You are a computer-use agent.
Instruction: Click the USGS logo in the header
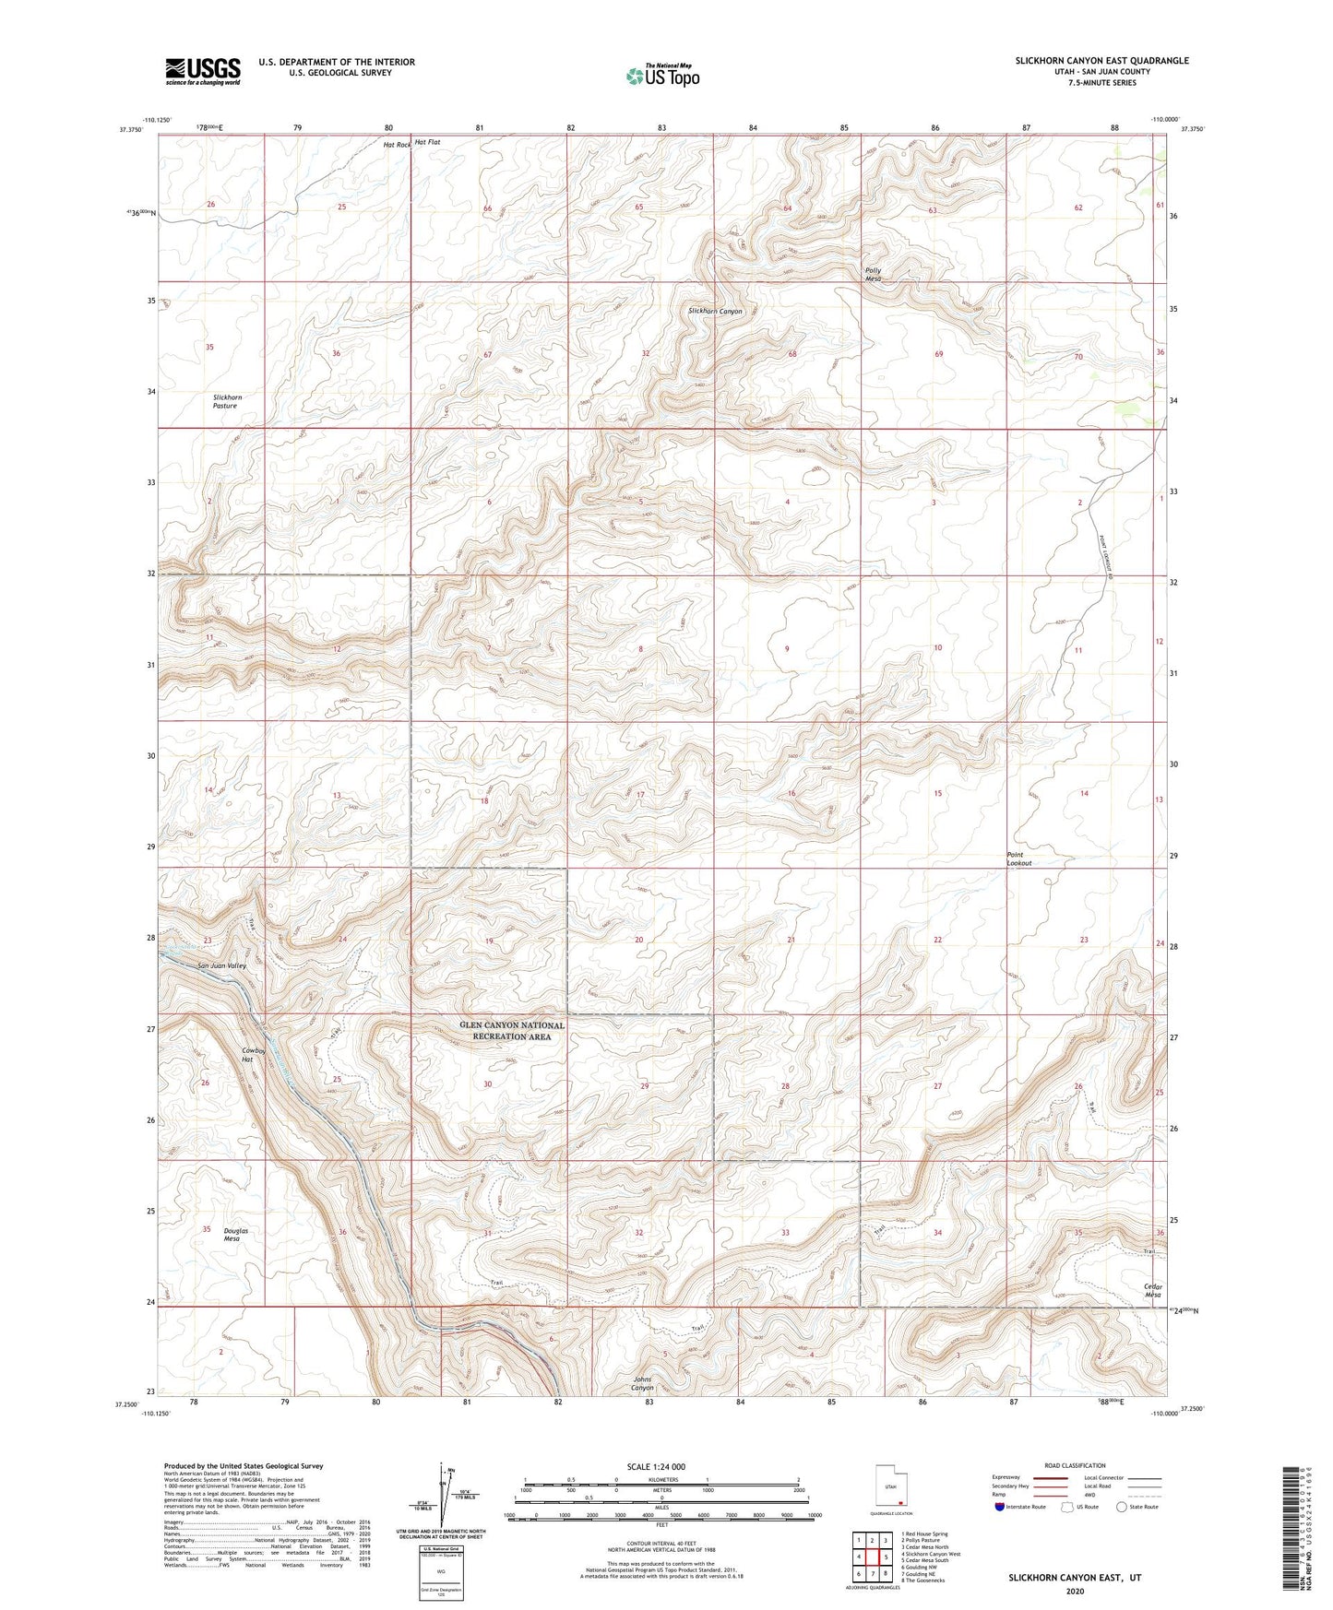tap(203, 71)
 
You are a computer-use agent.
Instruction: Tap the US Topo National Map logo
tap(662, 76)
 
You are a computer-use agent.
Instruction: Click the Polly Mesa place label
tap(873, 275)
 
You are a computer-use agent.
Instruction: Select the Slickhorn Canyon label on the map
tap(715, 312)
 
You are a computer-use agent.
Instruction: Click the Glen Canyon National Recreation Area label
tap(512, 1031)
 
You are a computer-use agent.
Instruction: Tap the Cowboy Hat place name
tap(254, 1055)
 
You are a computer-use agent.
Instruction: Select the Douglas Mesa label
tap(235, 1235)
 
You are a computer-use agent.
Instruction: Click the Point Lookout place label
tap(1018, 858)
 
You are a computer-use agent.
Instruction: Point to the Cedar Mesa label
tap(1152, 1290)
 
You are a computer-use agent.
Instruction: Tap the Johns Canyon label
tap(642, 1383)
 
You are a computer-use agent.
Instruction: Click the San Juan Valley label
tap(222, 965)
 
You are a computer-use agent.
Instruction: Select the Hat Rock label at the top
tap(396, 144)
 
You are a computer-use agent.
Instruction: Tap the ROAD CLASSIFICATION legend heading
tap(1074, 1466)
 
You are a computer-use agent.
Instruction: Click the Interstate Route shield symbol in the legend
tap(999, 1507)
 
